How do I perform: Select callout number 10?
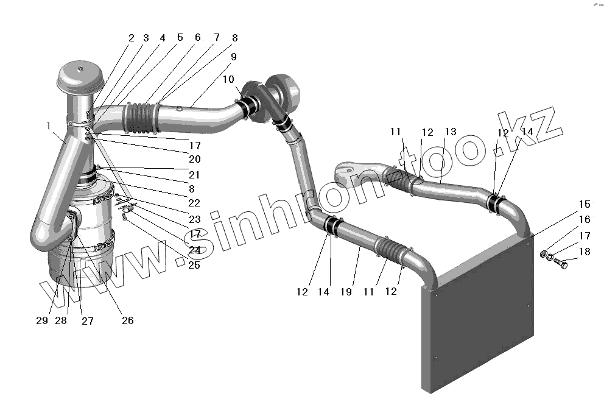click(x=228, y=79)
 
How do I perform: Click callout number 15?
click(x=585, y=204)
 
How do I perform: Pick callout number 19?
click(x=346, y=292)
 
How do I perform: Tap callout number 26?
click(x=128, y=320)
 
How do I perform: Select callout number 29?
click(x=41, y=321)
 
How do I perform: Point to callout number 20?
click(x=195, y=159)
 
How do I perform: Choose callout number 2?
click(x=131, y=38)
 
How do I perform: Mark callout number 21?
click(x=195, y=175)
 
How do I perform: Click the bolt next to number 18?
click(x=561, y=264)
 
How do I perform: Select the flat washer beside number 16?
click(x=543, y=252)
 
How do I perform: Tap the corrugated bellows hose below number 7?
click(x=141, y=117)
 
